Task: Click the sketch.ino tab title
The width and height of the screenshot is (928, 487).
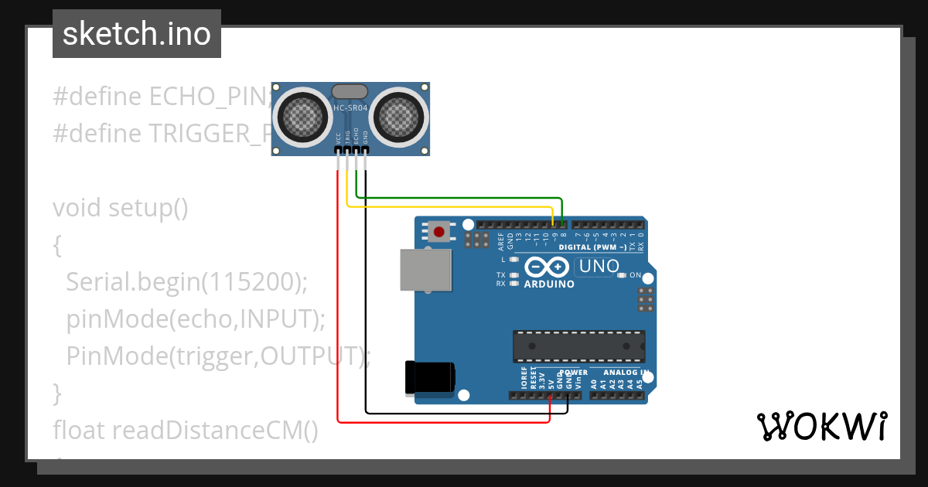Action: point(137,34)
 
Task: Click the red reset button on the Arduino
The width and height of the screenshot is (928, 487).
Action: point(440,231)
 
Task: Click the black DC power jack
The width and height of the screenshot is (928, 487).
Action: point(430,378)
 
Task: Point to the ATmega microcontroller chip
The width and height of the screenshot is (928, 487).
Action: point(578,346)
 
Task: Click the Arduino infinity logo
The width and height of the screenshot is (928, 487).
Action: point(549,267)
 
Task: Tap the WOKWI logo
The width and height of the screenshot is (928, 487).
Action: point(821,426)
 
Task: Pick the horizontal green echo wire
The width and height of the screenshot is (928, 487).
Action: point(456,198)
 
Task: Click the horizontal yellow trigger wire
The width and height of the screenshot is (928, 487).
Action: point(449,206)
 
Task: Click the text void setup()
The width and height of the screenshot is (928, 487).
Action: point(121,208)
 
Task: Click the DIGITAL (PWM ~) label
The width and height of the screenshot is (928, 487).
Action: point(593,247)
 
